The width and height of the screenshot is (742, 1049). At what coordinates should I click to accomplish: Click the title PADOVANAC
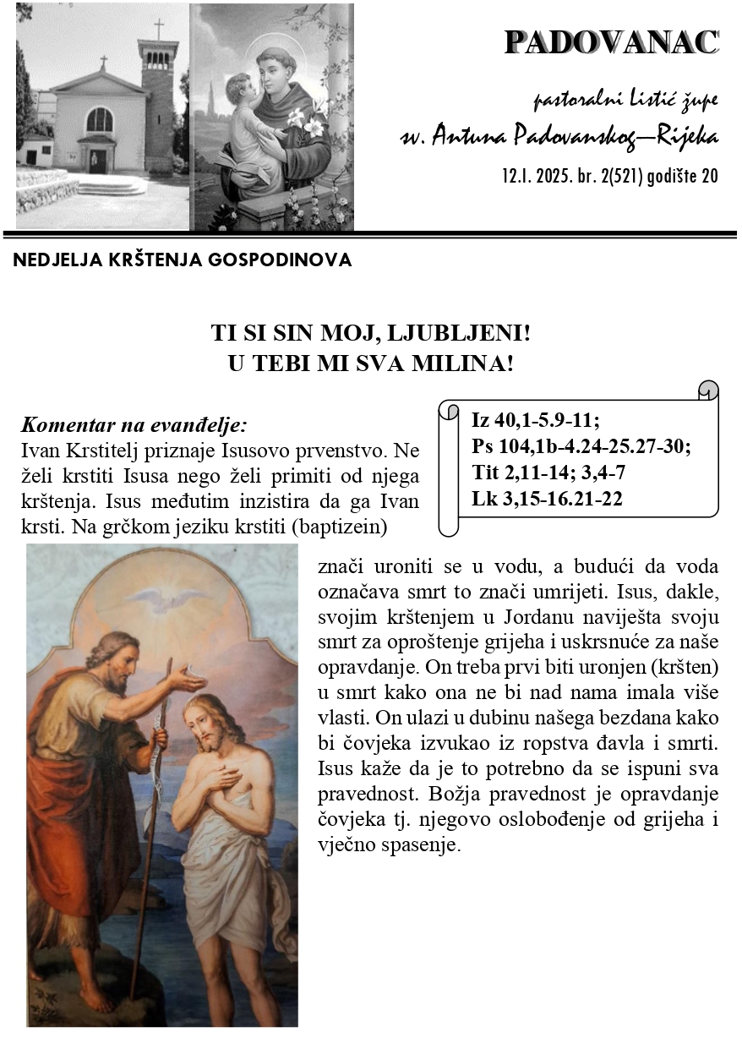coord(611,42)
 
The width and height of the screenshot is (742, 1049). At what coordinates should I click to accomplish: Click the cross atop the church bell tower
coord(158,28)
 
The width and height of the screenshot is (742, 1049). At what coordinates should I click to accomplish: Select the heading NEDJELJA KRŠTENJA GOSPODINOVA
coord(182,260)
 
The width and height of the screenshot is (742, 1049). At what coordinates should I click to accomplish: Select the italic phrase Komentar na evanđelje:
coord(134,424)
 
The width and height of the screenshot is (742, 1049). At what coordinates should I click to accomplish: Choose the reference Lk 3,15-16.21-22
coord(547,499)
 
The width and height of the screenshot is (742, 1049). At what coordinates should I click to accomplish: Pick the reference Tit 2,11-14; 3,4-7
coord(548,473)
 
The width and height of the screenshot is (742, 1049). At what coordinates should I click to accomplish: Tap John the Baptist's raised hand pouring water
coord(188,678)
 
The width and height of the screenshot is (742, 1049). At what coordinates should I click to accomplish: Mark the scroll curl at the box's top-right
coord(708,390)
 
